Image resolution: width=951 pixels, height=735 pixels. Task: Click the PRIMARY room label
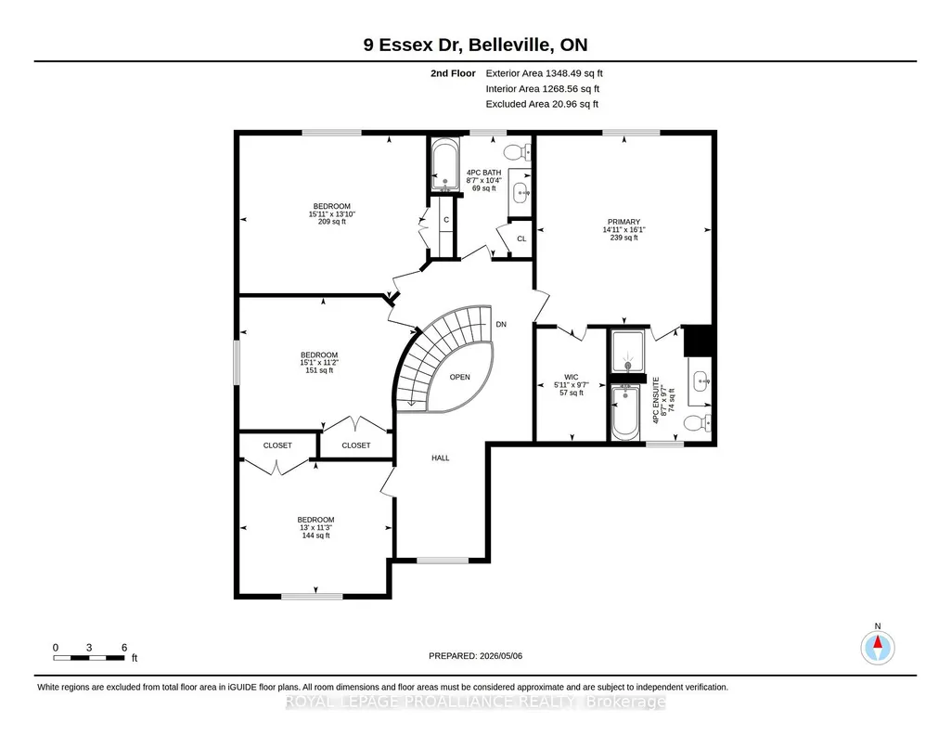tap(623, 222)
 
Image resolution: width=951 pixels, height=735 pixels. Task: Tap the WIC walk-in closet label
tap(571, 377)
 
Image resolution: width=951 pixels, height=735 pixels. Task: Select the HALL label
tap(441, 458)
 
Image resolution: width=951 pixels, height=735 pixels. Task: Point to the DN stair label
tap(501, 325)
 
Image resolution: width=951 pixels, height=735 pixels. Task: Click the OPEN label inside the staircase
tap(460, 377)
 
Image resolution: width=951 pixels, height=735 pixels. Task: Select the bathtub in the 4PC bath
tap(444, 165)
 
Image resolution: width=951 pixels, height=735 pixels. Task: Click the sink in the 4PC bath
tap(520, 193)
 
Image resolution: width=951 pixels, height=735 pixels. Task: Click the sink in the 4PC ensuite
tap(700, 380)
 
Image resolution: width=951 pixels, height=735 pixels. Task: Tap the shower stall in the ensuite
tap(627, 352)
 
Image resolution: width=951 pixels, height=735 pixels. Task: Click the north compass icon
tap(877, 647)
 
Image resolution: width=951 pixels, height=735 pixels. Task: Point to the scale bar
tap(89, 658)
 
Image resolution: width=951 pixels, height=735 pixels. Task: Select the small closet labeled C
tap(445, 225)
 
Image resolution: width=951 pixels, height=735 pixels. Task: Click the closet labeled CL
tap(520, 239)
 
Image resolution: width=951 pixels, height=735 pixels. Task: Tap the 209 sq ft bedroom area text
tap(332, 222)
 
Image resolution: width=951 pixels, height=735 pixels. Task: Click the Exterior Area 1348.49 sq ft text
tap(544, 73)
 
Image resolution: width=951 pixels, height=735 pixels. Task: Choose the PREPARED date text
tap(475, 655)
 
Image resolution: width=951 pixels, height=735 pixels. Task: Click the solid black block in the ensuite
tap(698, 341)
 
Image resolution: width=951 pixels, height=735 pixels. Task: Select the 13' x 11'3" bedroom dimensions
tap(316, 528)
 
